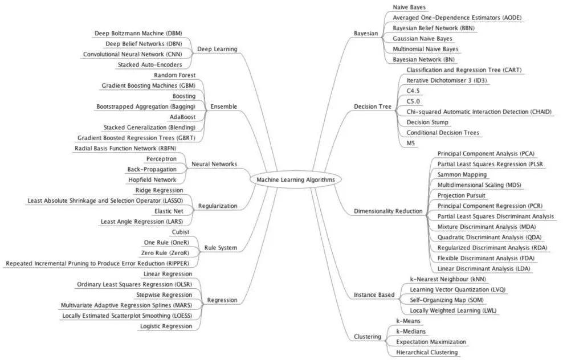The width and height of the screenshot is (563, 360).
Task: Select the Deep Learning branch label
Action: pos(217,49)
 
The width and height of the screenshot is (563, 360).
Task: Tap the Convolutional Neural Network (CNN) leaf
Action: pos(137,54)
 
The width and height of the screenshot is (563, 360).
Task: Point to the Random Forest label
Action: pos(174,75)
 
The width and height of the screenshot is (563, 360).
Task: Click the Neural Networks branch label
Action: pos(215,164)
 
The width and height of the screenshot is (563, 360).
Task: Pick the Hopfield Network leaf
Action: pos(160,179)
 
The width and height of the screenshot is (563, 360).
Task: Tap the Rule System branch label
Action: pos(221,248)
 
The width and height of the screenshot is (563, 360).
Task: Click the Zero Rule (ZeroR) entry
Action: pos(165,253)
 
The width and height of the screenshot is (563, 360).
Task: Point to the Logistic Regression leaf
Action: pos(166,326)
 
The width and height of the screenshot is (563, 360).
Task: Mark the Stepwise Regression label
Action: pos(164,294)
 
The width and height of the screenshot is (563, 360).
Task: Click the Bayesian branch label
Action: pos(365,34)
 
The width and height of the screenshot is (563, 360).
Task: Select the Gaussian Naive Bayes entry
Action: pos(417,38)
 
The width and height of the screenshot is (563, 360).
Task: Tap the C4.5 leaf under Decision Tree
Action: pos(413,91)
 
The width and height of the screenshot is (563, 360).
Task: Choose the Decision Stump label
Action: pos(427,122)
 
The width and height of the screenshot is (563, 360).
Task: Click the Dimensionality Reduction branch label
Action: pos(388,211)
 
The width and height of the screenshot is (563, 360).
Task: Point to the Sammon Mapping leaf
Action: pos(462,174)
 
